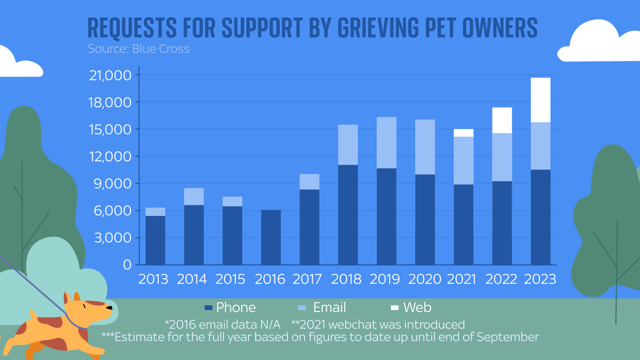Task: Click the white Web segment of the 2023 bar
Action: [x=540, y=100]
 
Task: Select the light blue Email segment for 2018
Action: [x=348, y=145]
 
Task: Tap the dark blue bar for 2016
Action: [x=271, y=237]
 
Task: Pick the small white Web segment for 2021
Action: [x=464, y=133]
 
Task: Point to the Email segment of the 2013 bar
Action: [x=155, y=212]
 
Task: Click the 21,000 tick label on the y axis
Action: [x=110, y=75]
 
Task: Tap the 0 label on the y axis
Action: [x=127, y=265]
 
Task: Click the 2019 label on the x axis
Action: [x=384, y=279]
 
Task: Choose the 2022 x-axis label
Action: [x=501, y=279]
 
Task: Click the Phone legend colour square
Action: [x=208, y=308]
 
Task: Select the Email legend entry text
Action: [x=329, y=308]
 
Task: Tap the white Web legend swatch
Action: [x=395, y=308]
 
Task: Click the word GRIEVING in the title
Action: [x=378, y=28]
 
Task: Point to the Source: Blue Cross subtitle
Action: [x=138, y=49]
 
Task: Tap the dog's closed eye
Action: [x=84, y=306]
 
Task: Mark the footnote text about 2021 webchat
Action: [x=378, y=324]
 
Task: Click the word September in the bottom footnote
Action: [x=508, y=337]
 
